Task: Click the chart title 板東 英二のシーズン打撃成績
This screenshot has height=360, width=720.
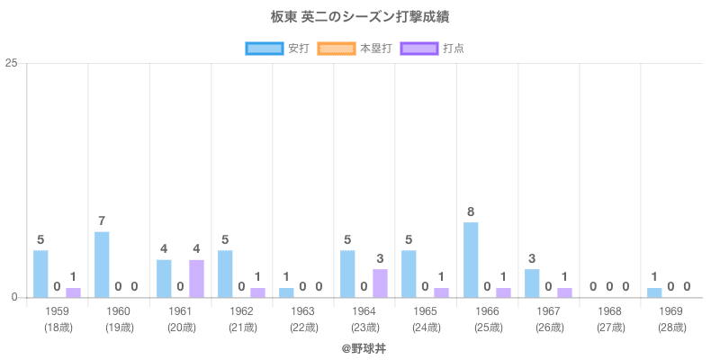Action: click(x=360, y=17)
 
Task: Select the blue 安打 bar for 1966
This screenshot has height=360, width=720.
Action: click(x=471, y=260)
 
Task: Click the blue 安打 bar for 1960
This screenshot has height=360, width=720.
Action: click(x=102, y=265)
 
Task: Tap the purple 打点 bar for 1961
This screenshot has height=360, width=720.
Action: click(x=196, y=279)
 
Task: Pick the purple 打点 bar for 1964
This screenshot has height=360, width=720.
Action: click(x=380, y=283)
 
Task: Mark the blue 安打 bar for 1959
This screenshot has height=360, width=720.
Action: click(x=40, y=274)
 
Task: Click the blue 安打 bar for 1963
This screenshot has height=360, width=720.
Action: click(x=286, y=292)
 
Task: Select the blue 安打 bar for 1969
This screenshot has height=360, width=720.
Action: click(x=654, y=292)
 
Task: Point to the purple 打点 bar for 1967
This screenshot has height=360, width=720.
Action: click(x=564, y=292)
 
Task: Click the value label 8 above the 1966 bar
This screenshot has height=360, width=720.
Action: click(x=471, y=212)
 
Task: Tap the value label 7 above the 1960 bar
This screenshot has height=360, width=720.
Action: click(x=102, y=221)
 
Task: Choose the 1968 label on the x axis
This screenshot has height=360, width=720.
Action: click(x=609, y=311)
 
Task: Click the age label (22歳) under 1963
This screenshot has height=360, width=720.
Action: click(x=302, y=327)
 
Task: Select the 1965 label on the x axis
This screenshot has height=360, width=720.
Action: click(x=426, y=311)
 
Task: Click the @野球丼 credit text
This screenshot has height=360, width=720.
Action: click(x=360, y=346)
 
